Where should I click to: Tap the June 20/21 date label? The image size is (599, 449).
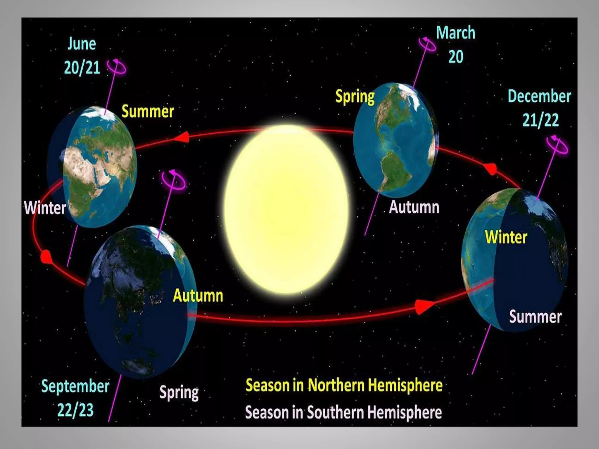click(82, 56)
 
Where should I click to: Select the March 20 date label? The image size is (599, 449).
click(455, 44)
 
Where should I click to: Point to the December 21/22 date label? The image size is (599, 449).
click(539, 108)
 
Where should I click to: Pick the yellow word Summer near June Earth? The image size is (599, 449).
click(148, 111)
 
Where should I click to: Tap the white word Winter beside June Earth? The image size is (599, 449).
click(45, 208)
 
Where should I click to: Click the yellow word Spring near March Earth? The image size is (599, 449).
click(355, 96)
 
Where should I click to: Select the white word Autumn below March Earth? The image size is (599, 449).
click(414, 207)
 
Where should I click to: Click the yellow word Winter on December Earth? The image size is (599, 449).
click(506, 237)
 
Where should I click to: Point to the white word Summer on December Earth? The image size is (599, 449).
click(535, 317)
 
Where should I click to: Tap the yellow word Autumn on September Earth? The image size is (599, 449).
click(198, 296)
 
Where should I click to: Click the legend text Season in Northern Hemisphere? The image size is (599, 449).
click(344, 385)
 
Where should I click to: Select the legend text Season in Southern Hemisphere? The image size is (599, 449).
click(343, 412)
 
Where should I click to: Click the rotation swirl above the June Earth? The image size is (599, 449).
click(117, 67)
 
